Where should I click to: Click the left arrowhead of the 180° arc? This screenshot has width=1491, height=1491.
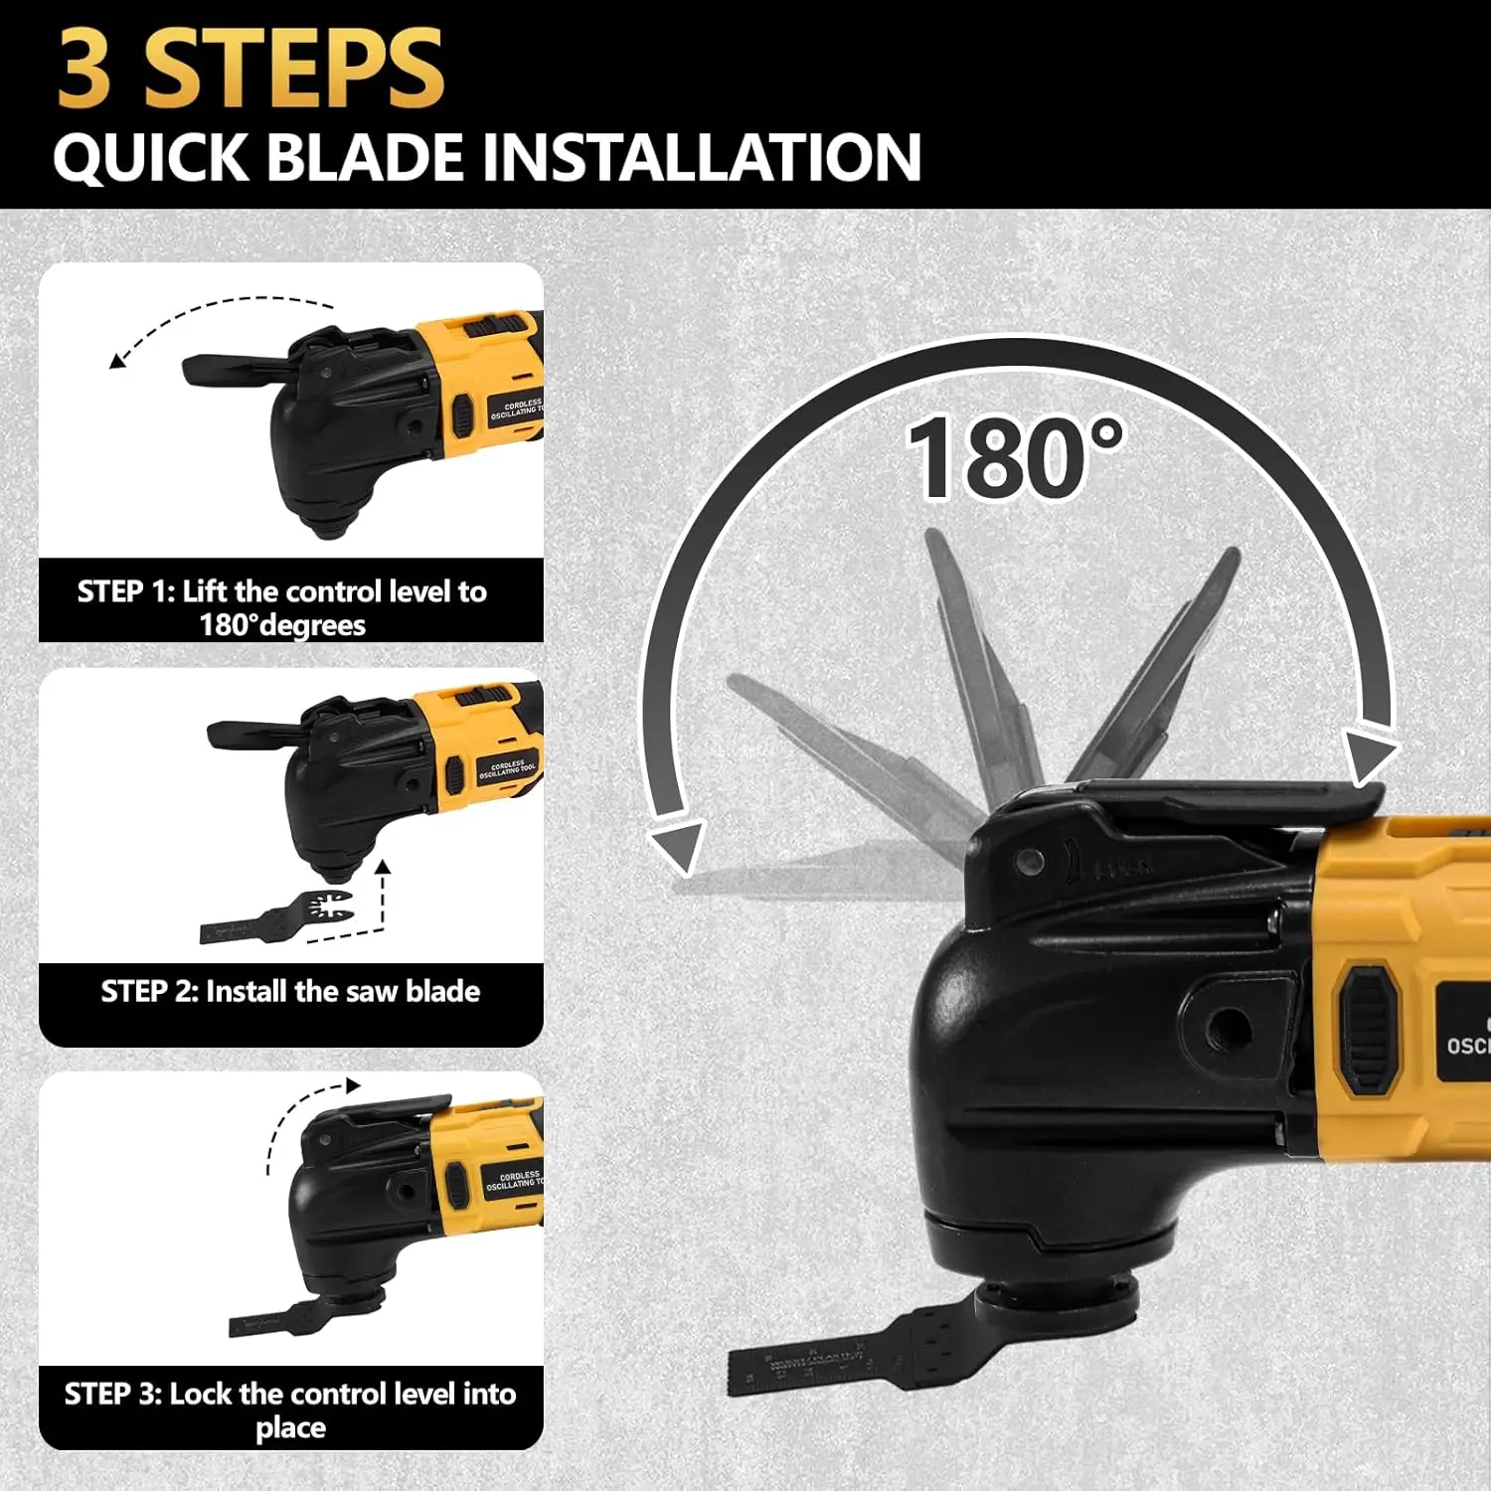pyautogui.click(x=676, y=848)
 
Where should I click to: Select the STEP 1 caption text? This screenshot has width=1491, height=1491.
pyautogui.click(x=283, y=607)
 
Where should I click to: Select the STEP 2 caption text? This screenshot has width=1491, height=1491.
pyautogui.click(x=290, y=991)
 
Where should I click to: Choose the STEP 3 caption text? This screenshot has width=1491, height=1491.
pyautogui.click(x=290, y=1409)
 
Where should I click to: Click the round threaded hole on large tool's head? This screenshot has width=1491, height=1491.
pyautogui.click(x=1231, y=1023)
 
